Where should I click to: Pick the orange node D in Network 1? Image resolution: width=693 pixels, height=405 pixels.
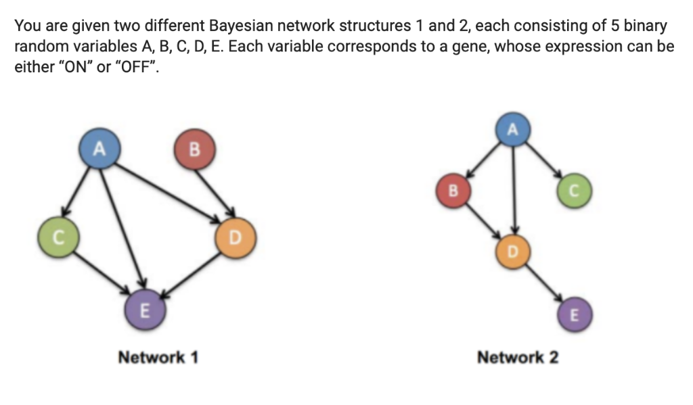point(236,238)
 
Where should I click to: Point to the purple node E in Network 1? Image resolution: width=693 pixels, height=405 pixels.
point(143,310)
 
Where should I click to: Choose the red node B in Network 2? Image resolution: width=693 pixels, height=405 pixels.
point(455,191)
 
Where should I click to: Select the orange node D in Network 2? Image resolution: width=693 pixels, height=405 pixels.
point(513,253)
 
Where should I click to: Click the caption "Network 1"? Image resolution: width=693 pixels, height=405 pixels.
point(158,356)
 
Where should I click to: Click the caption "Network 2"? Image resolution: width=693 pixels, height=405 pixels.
point(518,356)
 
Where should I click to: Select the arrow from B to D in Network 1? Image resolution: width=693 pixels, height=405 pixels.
point(215,193)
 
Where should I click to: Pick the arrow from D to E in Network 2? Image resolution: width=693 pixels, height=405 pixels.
point(544,284)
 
